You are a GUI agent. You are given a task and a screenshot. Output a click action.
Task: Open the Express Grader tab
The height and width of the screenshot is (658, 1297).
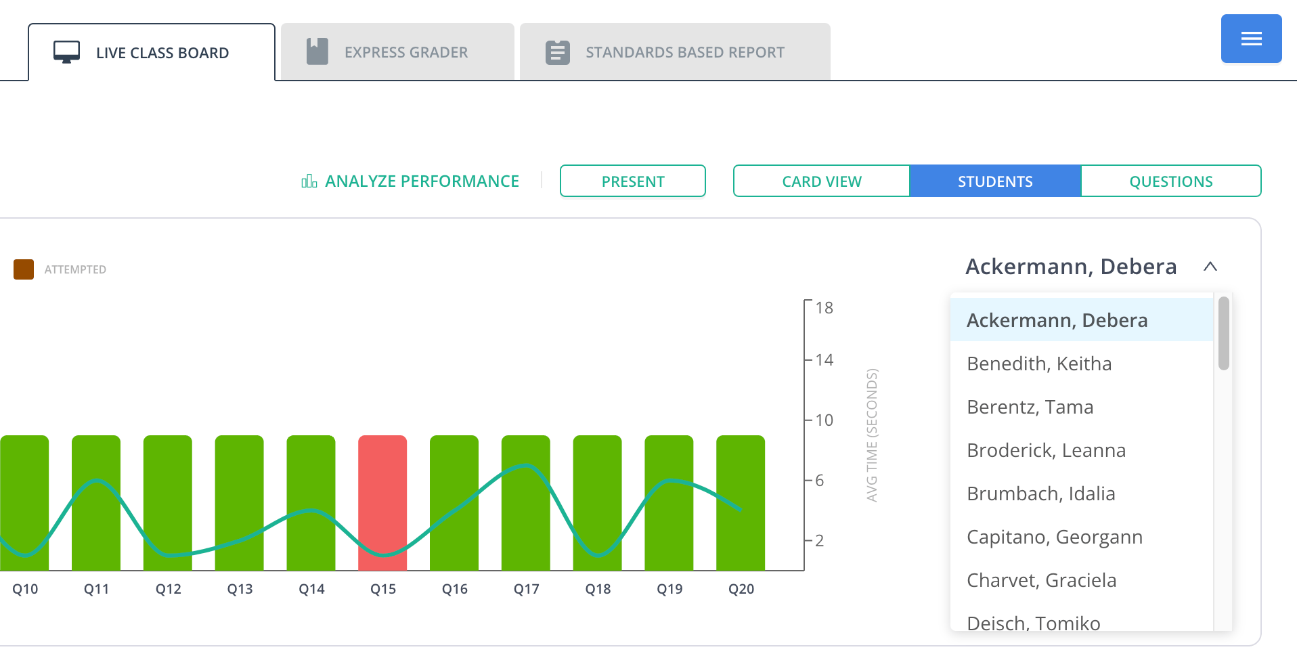(397, 52)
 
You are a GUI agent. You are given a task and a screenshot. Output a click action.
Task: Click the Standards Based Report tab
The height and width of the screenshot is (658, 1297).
(675, 52)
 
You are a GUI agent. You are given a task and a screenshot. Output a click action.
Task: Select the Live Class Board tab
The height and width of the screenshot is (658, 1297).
(152, 52)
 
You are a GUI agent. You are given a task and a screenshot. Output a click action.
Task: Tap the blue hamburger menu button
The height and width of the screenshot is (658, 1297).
(1251, 39)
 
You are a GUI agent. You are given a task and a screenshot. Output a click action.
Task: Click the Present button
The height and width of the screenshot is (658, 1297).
(633, 181)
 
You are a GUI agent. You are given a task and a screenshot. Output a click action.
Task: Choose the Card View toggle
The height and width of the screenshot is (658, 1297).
(821, 181)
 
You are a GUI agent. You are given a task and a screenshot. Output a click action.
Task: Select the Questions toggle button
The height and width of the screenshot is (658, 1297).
(1171, 181)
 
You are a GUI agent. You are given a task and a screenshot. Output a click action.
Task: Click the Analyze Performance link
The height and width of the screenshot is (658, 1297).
(410, 181)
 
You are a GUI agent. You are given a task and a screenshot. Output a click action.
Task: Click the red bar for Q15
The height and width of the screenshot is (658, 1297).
(382, 503)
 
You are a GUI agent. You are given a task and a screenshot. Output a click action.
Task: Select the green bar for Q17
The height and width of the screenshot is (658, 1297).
(526, 503)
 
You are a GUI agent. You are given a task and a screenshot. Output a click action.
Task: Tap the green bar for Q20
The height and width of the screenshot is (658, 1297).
(741, 503)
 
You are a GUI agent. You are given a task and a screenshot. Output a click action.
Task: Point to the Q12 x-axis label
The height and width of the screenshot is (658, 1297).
(169, 589)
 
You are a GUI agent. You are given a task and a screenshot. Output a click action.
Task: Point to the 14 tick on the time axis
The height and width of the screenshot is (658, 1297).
(824, 359)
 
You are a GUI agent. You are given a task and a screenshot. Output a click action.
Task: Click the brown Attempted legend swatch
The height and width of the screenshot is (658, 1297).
(24, 269)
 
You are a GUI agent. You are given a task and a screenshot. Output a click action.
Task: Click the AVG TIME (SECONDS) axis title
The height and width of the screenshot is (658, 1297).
(872, 435)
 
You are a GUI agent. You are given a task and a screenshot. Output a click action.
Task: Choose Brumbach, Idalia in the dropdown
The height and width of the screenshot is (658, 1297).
(1041, 493)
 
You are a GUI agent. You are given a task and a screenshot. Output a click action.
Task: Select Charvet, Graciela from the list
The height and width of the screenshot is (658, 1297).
(1042, 580)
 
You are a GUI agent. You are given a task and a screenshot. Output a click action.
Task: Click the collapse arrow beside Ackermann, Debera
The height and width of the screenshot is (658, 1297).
(1210, 267)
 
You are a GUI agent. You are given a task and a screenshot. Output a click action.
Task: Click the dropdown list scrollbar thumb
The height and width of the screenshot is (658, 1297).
(1223, 333)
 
